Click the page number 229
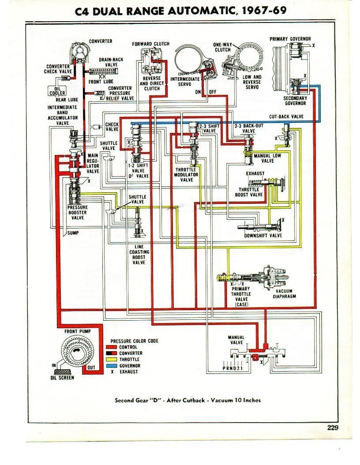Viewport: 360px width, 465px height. (x=332, y=427)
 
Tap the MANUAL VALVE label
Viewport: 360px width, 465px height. (x=236, y=340)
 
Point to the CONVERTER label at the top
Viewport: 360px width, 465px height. (x=101, y=41)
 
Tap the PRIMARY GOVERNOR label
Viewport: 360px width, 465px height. (x=290, y=39)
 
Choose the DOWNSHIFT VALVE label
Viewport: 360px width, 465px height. (x=263, y=236)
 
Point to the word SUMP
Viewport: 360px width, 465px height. (x=73, y=233)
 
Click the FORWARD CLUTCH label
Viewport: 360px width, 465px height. (x=150, y=44)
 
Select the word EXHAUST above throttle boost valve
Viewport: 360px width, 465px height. (x=255, y=174)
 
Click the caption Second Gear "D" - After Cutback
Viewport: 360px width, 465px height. (x=187, y=400)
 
